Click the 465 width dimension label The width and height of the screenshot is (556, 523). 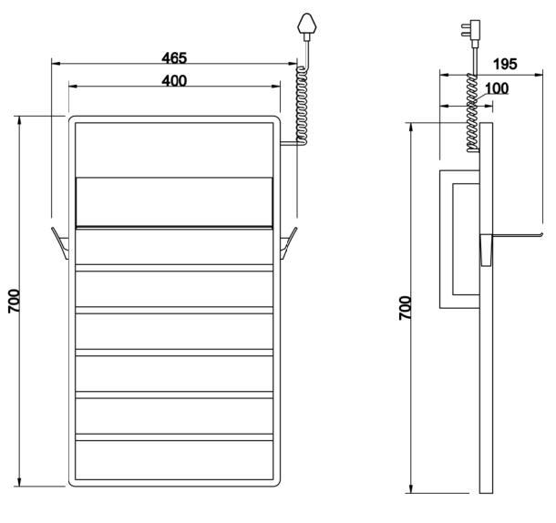pos(174,57)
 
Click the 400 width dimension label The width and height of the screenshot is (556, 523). pos(174,81)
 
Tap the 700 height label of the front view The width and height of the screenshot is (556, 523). pos(15,301)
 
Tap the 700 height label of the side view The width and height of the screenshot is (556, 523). pos(405,308)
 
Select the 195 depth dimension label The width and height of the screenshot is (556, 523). pos(505,64)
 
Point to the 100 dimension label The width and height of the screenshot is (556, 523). pos(497,88)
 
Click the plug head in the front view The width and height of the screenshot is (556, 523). pos(307,24)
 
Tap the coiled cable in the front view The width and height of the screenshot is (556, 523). pos(302,106)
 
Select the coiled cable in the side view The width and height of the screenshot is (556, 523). pos(472,113)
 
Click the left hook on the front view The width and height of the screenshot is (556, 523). pos(60,243)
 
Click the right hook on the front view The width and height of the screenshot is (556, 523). pos(289,243)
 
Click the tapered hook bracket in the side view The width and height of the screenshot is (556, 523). pos(486,250)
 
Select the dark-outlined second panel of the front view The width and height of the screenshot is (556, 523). pos(174,202)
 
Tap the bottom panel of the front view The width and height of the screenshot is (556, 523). pos(174,460)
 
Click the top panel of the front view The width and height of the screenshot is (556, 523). pos(174,150)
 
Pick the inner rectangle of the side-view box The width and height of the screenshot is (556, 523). pos(466,239)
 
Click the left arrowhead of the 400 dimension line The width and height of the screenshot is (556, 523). pos(73,86)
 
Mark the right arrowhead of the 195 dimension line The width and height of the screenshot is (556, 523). pos(539,75)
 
